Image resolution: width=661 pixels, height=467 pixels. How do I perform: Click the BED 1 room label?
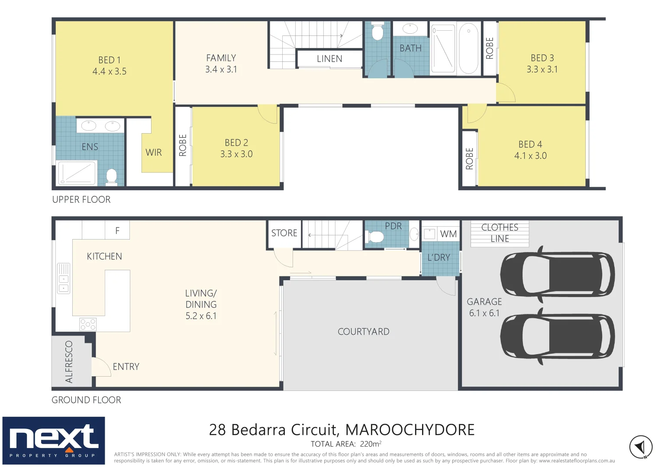[x=110, y=60]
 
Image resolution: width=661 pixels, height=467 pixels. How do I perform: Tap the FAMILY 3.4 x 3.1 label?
[x=221, y=64]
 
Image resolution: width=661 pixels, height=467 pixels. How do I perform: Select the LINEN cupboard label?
[x=329, y=59]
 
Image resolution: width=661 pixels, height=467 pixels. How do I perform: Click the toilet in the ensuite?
[x=111, y=176]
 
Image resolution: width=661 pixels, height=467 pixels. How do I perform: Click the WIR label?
[x=154, y=153]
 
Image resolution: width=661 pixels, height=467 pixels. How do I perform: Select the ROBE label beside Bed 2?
[x=183, y=145]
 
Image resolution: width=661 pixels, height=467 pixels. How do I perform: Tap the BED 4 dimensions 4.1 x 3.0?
[x=530, y=156]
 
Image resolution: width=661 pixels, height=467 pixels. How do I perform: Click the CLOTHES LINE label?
[x=500, y=233]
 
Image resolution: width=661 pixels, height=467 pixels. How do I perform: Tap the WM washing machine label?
[x=448, y=234]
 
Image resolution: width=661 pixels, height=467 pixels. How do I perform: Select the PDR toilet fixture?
[x=375, y=237]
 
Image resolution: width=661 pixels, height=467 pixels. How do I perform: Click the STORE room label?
[x=284, y=233]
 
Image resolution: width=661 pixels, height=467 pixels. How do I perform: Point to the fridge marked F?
[x=117, y=231]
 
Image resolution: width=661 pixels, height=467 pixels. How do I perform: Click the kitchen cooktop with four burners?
[x=88, y=324]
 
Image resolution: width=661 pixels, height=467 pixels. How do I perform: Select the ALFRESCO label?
[x=69, y=362]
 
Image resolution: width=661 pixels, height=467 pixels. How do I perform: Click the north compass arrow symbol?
[x=641, y=447]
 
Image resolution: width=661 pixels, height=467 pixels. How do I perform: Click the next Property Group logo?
[x=54, y=440]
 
